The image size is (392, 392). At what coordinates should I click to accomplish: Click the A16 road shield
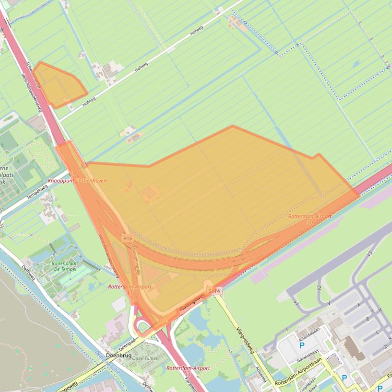(127, 238)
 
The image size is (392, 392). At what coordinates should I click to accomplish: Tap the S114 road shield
(215, 291)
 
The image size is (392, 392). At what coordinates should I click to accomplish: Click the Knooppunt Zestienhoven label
(77, 181)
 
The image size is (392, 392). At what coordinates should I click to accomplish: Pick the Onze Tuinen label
(145, 358)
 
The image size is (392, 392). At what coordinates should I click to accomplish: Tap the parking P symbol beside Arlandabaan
(302, 345)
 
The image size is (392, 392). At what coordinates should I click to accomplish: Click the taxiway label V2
(319, 288)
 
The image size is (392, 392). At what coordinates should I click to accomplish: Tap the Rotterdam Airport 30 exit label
(310, 219)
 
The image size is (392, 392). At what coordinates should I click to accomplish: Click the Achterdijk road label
(262, 375)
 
